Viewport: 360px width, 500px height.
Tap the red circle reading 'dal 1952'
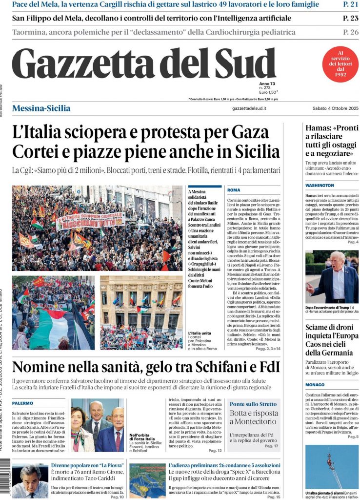click(x=340, y=64)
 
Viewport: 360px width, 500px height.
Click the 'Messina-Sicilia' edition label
click(x=41, y=108)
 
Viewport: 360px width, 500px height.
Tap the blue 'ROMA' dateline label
click(x=234, y=189)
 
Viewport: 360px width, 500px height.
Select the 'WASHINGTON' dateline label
click(x=320, y=186)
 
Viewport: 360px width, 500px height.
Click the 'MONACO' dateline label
click(x=315, y=385)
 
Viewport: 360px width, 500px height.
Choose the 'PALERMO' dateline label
click(x=23, y=403)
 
